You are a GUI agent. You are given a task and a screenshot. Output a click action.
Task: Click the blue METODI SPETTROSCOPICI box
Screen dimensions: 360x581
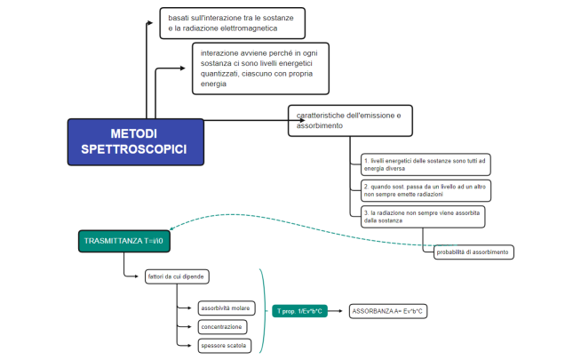[133, 141]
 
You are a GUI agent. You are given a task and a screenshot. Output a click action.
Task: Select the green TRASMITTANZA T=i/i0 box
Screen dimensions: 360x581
[123, 241]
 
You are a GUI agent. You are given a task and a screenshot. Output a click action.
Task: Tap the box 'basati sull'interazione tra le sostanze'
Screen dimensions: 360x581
[233, 23]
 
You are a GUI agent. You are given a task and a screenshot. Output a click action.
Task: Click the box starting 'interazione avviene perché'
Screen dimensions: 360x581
[260, 68]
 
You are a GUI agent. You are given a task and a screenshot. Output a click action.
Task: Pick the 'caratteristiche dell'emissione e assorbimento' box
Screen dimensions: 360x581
[349, 121]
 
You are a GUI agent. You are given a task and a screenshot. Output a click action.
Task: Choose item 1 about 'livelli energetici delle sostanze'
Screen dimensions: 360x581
[426, 164]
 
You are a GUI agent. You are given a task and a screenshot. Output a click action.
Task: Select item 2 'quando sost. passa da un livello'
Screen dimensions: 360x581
[426, 190]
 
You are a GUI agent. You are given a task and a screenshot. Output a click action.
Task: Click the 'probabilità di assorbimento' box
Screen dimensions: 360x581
[474, 252]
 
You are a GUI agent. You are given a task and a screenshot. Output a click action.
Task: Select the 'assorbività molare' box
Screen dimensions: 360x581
[226, 308]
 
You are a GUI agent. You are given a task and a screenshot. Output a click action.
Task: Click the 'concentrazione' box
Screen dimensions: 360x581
[221, 327]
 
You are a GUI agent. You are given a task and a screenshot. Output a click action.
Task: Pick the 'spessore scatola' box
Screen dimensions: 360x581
[224, 345]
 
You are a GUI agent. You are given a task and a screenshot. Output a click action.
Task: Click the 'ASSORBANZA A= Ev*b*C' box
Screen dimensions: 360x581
[389, 310]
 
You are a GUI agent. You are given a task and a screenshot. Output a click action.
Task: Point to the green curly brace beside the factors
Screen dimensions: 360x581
[264, 310]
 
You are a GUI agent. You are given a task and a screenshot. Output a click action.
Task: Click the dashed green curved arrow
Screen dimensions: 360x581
[267, 216]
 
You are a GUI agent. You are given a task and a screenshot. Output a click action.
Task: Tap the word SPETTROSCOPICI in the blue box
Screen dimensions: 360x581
[133, 149]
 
